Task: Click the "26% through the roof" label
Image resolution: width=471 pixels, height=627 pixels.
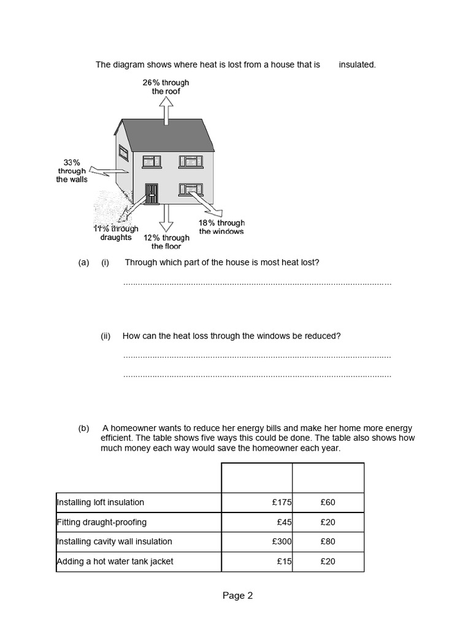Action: point(166,87)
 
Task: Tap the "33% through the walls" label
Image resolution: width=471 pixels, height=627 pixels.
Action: point(72,171)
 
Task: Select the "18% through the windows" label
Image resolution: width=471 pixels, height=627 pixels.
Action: point(221,227)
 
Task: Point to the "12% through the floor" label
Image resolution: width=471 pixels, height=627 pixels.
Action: point(166,242)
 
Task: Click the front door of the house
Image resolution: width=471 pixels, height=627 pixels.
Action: point(151,193)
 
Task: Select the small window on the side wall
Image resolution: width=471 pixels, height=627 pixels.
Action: point(123,153)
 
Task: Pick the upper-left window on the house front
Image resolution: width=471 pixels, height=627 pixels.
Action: point(151,161)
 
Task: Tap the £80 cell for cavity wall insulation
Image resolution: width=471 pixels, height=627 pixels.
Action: point(327,541)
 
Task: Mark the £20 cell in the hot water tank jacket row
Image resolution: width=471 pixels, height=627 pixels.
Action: point(327,561)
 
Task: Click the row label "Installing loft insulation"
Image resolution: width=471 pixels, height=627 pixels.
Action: point(101,502)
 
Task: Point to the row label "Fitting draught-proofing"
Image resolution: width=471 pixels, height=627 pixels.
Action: point(102,522)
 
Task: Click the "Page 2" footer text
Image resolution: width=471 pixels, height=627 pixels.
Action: point(237,596)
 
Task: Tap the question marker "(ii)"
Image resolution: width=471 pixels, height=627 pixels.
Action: point(105,336)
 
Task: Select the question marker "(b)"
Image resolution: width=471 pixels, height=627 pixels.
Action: point(83,428)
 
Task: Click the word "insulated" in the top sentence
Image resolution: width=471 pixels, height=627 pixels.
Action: point(357,64)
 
